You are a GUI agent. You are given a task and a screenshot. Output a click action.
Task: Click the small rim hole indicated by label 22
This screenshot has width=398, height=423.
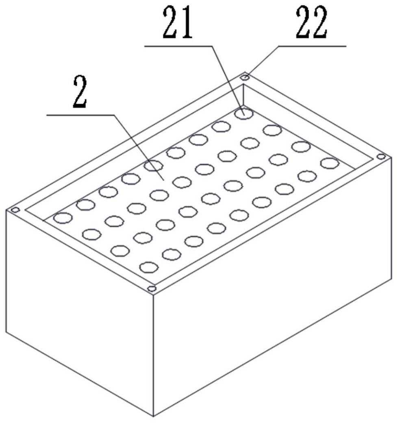[245, 77]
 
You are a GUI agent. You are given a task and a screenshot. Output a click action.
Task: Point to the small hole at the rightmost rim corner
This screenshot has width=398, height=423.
[381, 157]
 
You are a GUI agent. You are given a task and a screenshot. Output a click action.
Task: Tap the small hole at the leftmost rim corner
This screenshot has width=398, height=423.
[15, 210]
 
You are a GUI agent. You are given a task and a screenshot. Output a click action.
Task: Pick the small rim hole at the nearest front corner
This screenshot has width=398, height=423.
[152, 289]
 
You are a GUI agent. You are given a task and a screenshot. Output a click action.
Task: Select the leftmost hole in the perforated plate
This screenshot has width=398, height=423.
[63, 218]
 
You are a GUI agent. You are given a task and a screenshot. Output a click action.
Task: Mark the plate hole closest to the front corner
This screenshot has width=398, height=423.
[149, 267]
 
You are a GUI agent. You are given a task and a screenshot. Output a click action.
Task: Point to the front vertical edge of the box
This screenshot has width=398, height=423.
[153, 354]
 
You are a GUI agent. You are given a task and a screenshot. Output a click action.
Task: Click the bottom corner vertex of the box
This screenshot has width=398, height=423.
[153, 416]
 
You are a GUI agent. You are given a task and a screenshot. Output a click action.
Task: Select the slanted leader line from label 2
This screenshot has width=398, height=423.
[138, 146]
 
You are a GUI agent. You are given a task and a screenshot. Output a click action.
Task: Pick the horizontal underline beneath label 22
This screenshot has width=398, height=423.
[313, 46]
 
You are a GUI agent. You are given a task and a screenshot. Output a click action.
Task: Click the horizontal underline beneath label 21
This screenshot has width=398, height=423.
[179, 46]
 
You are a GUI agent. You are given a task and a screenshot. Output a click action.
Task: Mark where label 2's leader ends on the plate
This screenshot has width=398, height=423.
[164, 180]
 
